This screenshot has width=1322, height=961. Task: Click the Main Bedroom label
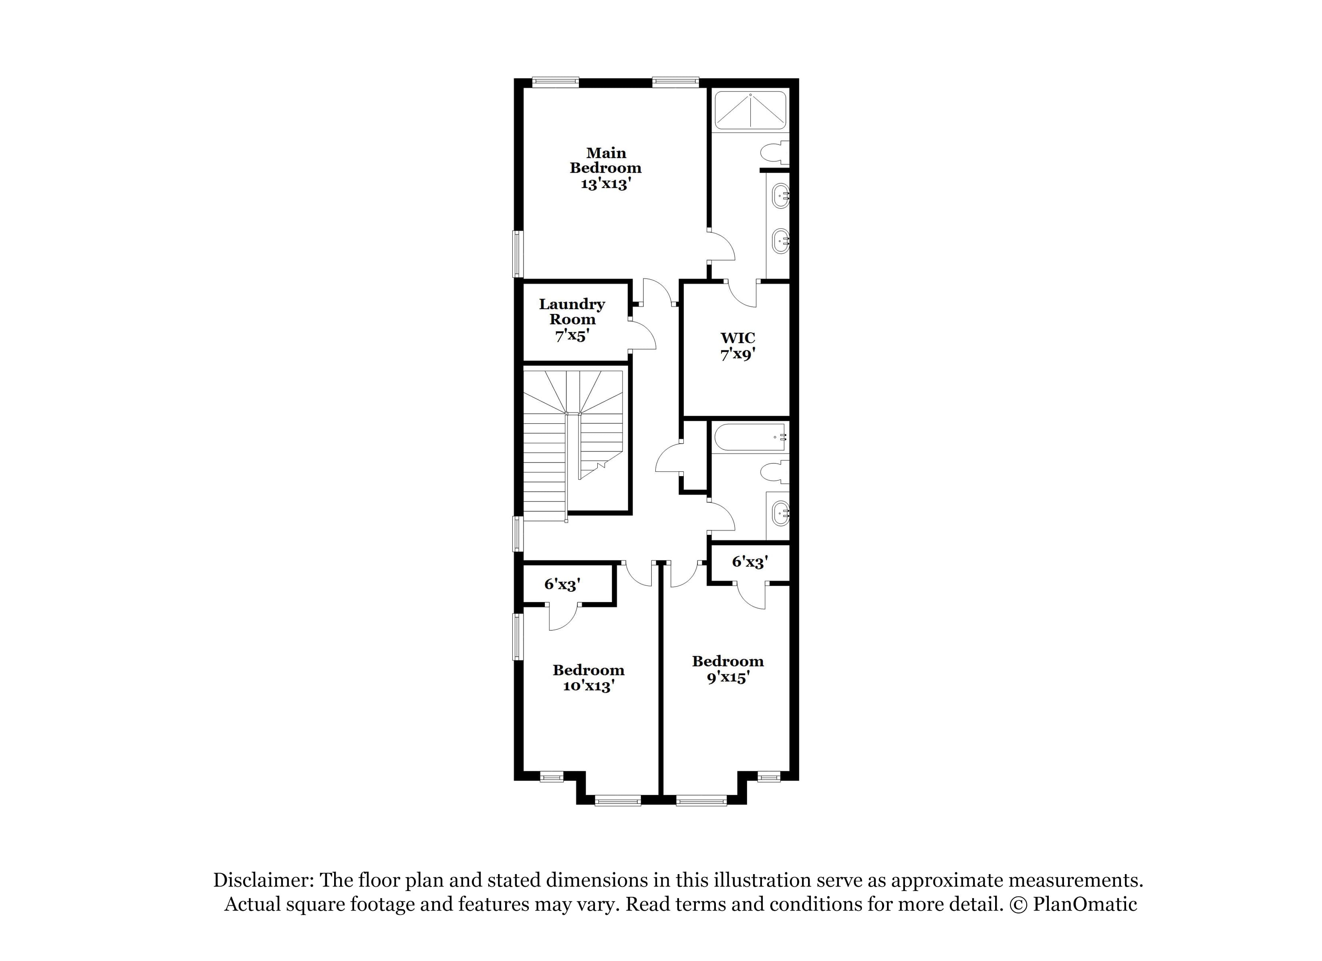(606, 160)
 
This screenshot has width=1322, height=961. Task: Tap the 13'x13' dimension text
(606, 184)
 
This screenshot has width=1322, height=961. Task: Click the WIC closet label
(738, 338)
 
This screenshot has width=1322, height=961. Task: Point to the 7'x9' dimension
(738, 354)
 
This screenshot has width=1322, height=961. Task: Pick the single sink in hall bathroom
(780, 513)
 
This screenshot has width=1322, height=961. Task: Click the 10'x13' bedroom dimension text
(589, 686)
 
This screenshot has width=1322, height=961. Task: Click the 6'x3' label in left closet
(562, 584)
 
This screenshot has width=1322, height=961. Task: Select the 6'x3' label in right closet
(750, 562)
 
